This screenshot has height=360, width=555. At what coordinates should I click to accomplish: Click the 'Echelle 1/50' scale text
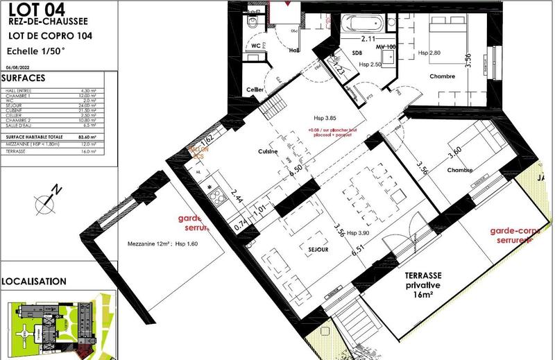[x=36, y=51]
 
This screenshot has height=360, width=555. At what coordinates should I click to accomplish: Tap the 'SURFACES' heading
[x=24, y=78]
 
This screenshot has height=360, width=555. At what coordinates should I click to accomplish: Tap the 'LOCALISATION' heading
[x=34, y=282]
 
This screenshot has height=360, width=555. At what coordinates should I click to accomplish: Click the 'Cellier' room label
[x=256, y=90]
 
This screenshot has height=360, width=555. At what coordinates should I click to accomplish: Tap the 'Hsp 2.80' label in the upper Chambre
[x=430, y=53]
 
